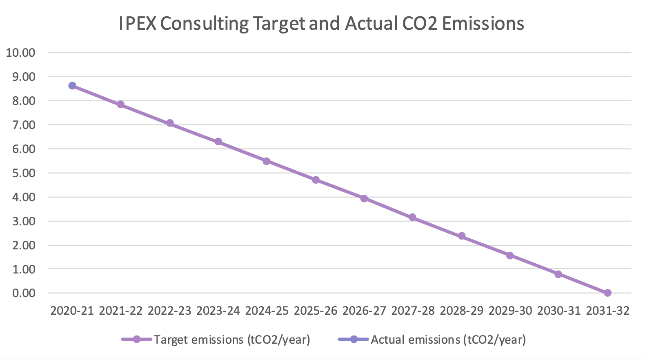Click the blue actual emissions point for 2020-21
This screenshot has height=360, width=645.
pos(72,86)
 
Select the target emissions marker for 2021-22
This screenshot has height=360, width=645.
pos(120,104)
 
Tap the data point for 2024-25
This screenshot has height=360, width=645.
pos(267,161)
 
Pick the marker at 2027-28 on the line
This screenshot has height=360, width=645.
pos(412,217)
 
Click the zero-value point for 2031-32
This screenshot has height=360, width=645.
pos(607,293)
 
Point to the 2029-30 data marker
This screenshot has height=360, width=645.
pos(510,256)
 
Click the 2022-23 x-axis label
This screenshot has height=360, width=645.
pos(169,311)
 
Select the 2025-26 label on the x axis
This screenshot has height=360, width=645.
pos(316,311)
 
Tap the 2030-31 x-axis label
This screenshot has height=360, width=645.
pos(559,311)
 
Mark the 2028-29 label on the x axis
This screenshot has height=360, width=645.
pos(461,311)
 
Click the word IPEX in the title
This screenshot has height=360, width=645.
pos(137,24)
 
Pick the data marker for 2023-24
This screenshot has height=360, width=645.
pos(218,142)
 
